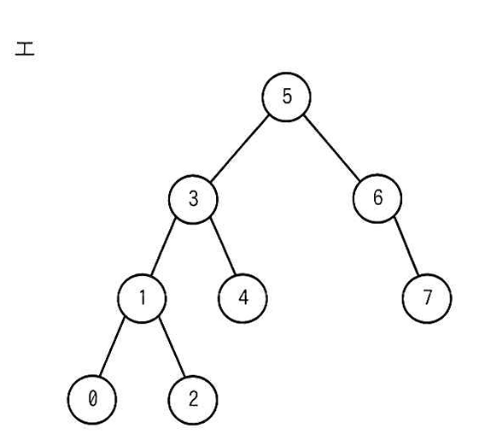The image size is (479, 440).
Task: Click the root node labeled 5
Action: pos(286,97)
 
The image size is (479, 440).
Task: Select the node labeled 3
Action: pos(193,199)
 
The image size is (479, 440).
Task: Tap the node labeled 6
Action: pos(377,198)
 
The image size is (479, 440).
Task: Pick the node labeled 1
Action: pos(142,298)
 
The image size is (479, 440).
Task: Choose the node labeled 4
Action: pos(242,298)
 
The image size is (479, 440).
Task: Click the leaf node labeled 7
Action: pos(427,298)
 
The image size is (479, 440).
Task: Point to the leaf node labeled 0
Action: pos(92,400)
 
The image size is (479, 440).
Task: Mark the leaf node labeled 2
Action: pos(193,400)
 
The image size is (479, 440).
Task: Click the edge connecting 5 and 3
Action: pos(240,149)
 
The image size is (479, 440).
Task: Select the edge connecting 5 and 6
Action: pos(332,148)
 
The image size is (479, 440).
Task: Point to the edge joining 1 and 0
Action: pos(112,348)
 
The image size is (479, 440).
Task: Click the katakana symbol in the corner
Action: pos(25,49)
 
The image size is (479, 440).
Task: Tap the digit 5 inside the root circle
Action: pos(287,96)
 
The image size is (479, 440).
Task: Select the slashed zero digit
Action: pos(92,399)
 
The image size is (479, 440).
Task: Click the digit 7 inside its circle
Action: pos(428,297)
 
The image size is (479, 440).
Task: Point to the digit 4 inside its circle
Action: pos(243,297)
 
